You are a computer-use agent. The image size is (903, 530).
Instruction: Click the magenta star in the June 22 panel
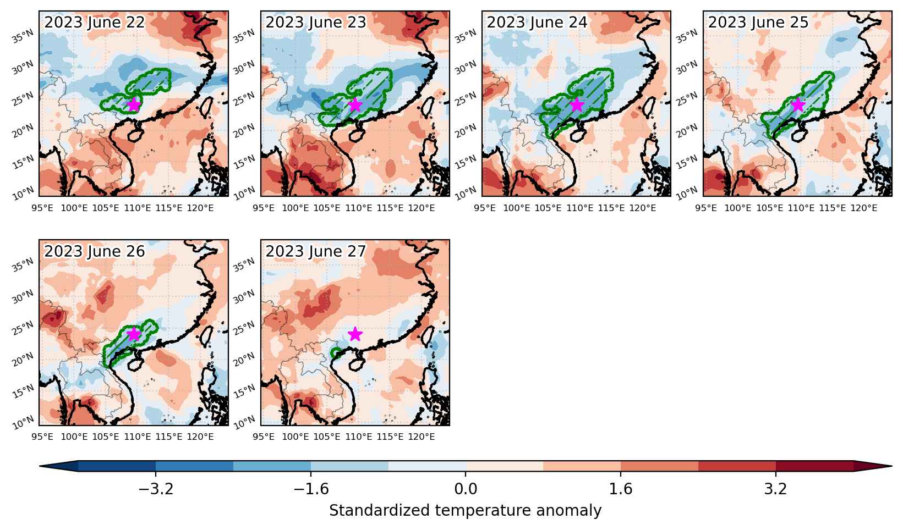tap(133, 104)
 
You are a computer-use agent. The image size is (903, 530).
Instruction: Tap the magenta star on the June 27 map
tap(355, 334)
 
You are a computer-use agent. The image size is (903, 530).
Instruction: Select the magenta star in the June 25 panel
tap(798, 104)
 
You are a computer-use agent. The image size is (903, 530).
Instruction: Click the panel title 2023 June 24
tap(537, 23)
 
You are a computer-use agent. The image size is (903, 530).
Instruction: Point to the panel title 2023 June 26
tap(94, 251)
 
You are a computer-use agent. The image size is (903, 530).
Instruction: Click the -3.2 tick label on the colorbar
tap(156, 489)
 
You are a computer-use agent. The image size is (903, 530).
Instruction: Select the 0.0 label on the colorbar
tap(466, 489)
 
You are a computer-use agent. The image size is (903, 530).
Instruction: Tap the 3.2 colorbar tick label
tap(776, 489)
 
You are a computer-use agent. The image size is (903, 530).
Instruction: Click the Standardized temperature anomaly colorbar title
tap(465, 511)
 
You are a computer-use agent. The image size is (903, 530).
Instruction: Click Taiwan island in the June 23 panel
tap(428, 107)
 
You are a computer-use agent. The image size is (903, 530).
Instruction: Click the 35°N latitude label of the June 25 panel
tap(687, 36)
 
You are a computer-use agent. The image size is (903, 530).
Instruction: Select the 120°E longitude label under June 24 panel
tap(643, 208)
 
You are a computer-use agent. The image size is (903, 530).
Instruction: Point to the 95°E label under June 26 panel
tap(42, 437)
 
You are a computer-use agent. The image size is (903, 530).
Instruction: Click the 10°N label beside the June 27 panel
tap(244, 422)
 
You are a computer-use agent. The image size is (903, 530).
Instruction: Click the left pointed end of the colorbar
tap(40, 466)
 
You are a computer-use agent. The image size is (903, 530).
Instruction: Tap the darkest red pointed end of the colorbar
tap(890, 466)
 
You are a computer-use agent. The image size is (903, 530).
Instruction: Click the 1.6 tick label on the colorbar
tap(621, 489)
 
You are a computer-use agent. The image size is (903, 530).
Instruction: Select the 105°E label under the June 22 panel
tap(106, 208)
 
